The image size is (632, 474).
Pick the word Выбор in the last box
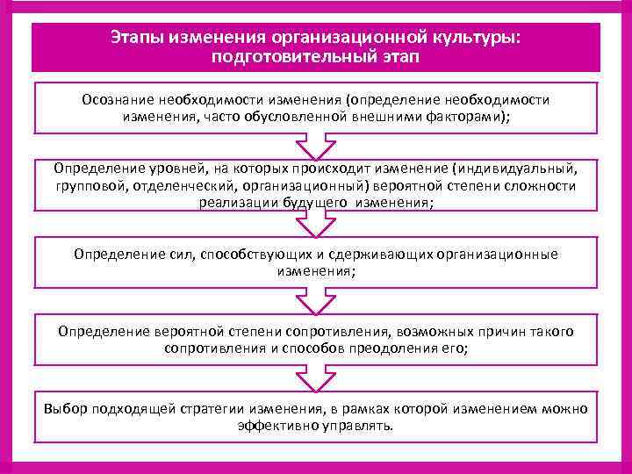point(63,409)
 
